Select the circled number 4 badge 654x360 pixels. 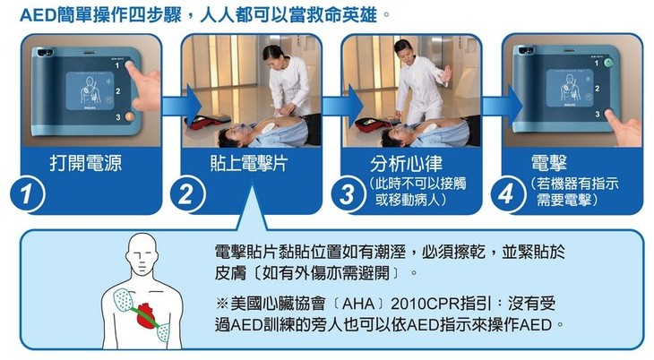click(x=506, y=193)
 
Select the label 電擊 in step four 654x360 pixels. click(x=548, y=161)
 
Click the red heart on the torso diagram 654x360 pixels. click(x=149, y=314)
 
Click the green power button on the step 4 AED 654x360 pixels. click(x=609, y=64)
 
